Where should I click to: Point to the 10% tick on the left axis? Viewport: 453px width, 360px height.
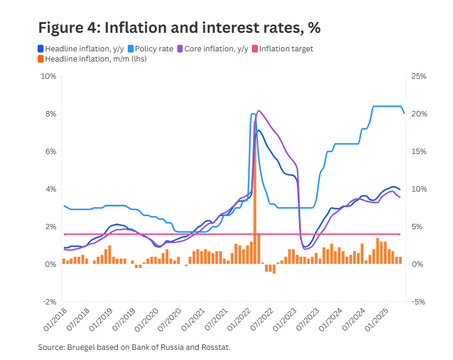[x=48, y=76]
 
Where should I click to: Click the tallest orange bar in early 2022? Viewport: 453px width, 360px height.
[x=255, y=191]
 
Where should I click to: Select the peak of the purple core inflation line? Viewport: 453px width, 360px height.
[x=258, y=110]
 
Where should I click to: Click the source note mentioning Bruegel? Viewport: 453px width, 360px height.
[x=134, y=347]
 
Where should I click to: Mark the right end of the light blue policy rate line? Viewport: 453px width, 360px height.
[x=404, y=113]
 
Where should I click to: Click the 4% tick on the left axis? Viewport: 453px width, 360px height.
[x=50, y=189]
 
